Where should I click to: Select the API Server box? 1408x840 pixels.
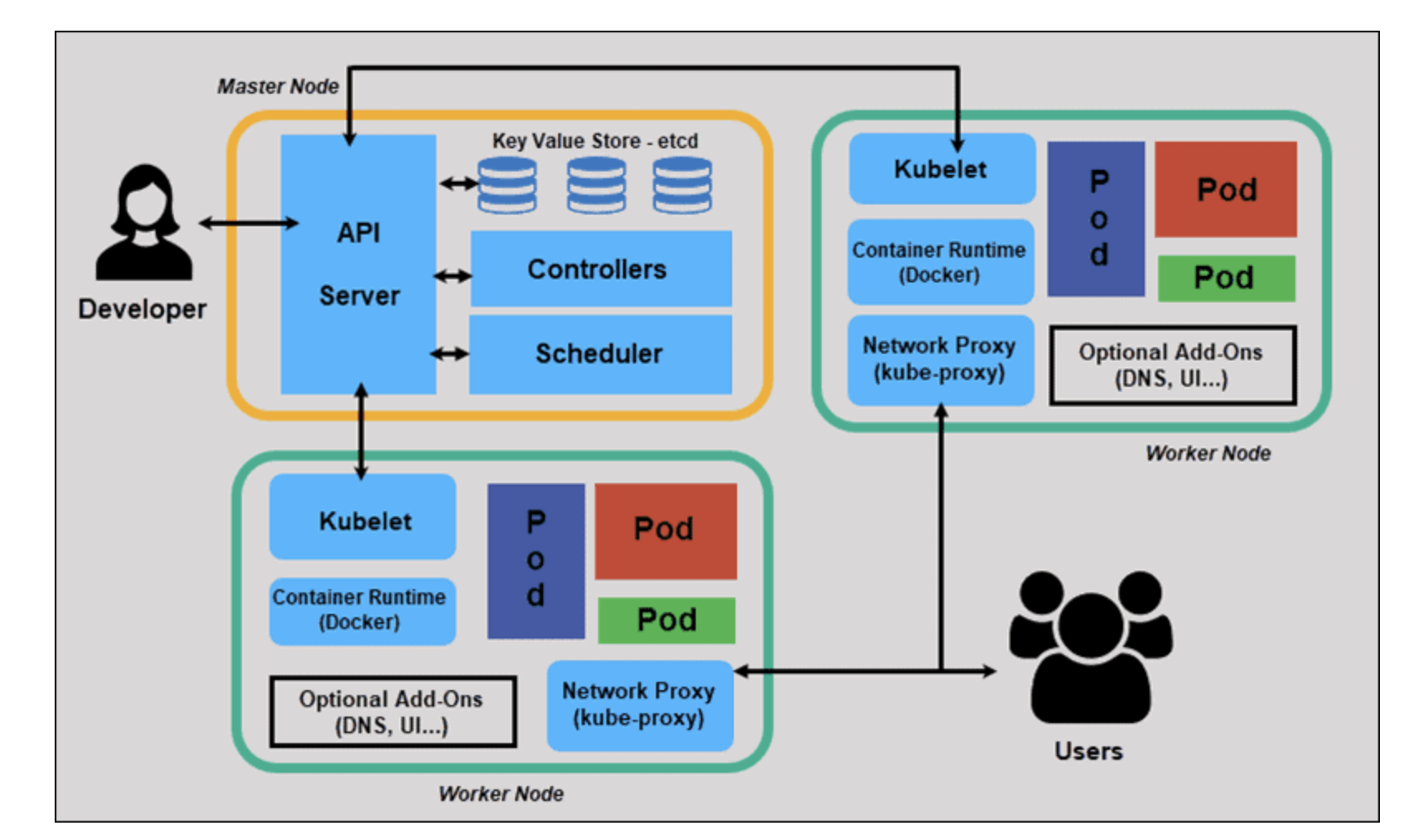[358, 263]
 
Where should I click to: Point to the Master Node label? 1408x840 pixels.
[277, 86]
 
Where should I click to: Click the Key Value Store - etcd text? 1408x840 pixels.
[595, 141]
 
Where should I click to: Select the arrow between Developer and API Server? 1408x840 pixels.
[248, 223]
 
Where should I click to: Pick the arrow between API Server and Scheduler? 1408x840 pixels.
[450, 355]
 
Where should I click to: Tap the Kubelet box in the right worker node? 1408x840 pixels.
[942, 169]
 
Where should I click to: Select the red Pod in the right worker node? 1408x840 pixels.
[1226, 189]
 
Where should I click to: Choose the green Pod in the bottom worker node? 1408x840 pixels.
[666, 620]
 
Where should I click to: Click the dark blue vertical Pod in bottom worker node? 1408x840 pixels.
[536, 561]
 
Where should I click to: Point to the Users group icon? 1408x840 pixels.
[1090, 646]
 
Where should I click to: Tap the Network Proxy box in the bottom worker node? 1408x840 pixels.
[639, 705]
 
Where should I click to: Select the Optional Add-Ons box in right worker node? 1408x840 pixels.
[1172, 365]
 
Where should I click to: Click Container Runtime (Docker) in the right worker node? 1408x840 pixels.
[940, 262]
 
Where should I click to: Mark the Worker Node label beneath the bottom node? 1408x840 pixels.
[501, 794]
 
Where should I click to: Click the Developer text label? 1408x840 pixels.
[142, 309]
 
